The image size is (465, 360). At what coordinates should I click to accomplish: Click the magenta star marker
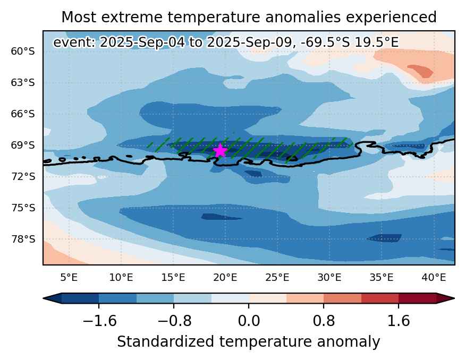click(x=220, y=150)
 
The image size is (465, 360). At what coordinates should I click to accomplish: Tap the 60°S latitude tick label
click(x=23, y=52)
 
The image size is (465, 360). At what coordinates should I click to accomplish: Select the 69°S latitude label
click(x=23, y=145)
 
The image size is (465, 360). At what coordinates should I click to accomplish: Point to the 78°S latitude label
click(x=23, y=239)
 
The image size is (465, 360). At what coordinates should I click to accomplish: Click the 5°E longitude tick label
click(x=69, y=278)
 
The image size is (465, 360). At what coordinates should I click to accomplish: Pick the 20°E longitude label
click(x=225, y=278)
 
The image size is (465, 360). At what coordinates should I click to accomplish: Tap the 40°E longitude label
click(x=434, y=278)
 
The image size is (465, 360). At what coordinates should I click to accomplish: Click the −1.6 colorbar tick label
click(x=99, y=321)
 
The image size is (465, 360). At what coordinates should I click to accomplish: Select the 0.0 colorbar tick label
click(x=249, y=321)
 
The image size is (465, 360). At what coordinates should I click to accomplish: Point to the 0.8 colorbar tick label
click(x=324, y=321)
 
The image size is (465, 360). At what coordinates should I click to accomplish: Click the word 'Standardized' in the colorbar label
click(x=165, y=341)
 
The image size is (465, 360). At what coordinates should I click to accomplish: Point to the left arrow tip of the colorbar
click(x=43, y=298)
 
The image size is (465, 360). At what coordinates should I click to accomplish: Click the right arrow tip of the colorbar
click(x=454, y=298)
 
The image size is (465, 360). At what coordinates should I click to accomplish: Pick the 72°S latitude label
click(x=23, y=177)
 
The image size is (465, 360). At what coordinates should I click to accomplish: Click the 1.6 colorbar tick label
click(x=399, y=321)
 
